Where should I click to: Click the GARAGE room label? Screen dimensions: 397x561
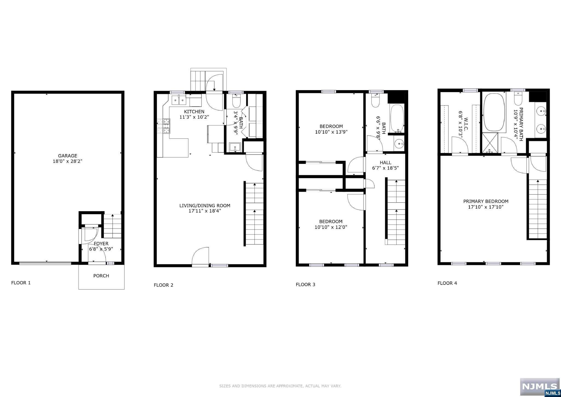(67, 156)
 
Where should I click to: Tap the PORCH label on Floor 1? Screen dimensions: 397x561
(101, 276)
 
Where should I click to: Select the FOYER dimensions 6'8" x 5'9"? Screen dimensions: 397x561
(101, 249)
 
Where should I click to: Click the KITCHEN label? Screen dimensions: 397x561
(194, 112)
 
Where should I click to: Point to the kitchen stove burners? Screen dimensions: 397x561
(164, 126)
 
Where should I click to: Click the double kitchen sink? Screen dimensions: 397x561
(179, 100)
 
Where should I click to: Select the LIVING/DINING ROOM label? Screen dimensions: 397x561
(205, 206)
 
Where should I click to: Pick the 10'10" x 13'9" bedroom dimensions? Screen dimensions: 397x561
(331, 132)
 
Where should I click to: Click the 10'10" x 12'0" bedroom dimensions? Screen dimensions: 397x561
(331, 227)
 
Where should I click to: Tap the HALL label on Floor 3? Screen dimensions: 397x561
(385, 163)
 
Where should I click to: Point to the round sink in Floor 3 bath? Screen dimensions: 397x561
(399, 143)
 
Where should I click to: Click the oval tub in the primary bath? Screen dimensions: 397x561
(494, 113)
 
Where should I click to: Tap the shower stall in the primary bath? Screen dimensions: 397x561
(490, 143)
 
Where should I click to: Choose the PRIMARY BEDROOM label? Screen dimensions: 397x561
(486, 201)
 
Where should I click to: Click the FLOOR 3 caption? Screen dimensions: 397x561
(305, 285)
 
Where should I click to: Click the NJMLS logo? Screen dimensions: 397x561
(540, 387)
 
